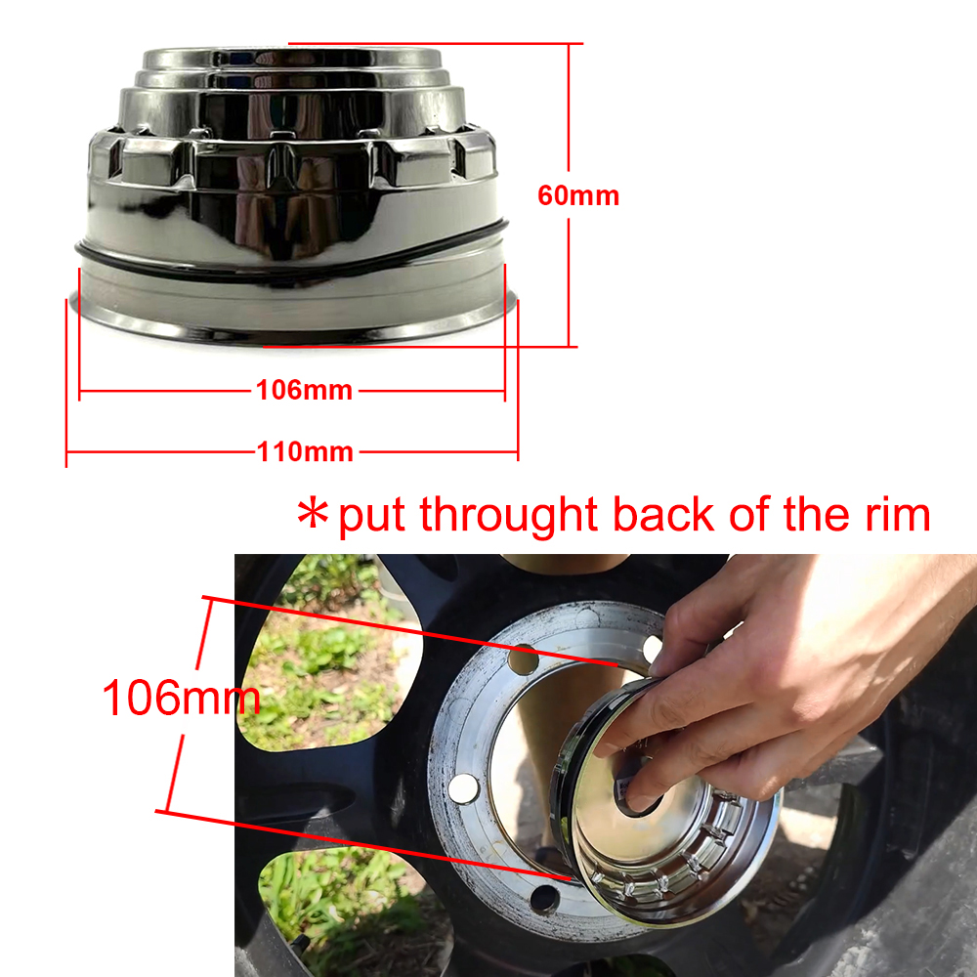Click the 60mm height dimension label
(578, 195)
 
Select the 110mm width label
(305, 452)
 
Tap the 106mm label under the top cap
(304, 391)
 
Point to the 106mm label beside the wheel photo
(181, 698)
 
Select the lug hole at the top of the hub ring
(523, 661)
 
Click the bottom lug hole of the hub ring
(544, 897)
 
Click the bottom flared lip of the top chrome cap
(293, 327)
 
